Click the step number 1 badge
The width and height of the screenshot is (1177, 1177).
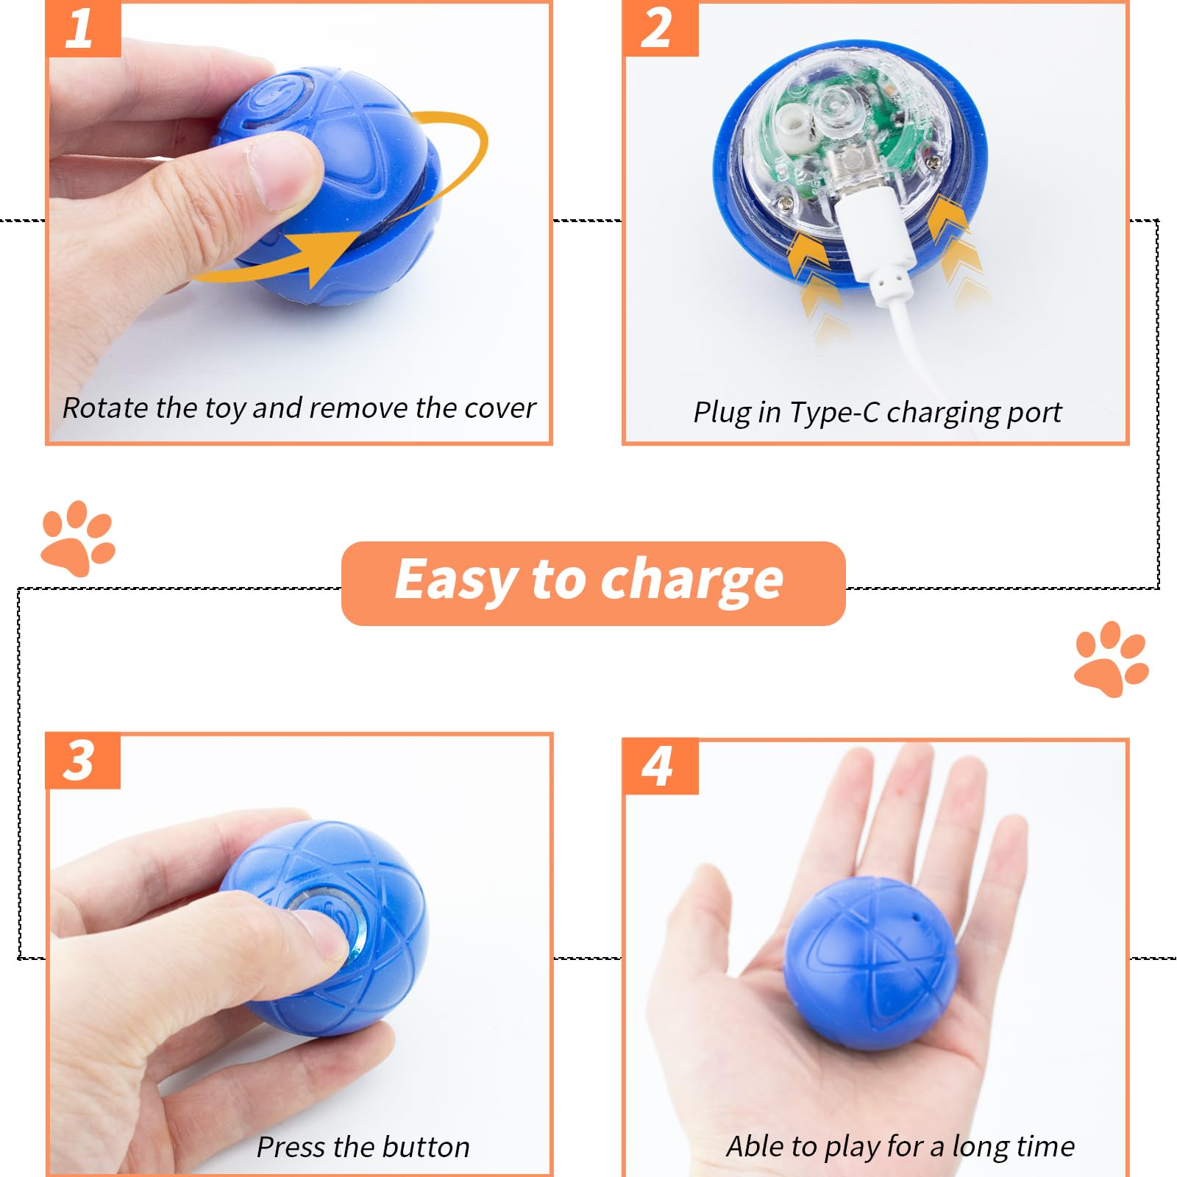pyautogui.click(x=83, y=29)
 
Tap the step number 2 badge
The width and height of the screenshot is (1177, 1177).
pyautogui.click(x=660, y=29)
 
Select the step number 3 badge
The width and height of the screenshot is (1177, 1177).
pyautogui.click(x=82, y=761)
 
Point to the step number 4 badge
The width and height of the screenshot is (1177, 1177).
pyautogui.click(x=660, y=767)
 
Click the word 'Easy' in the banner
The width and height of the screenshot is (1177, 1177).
pyautogui.click(x=455, y=581)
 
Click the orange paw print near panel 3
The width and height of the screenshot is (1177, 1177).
pyautogui.click(x=78, y=538)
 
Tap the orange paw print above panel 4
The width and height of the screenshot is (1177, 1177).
pyautogui.click(x=1111, y=659)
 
